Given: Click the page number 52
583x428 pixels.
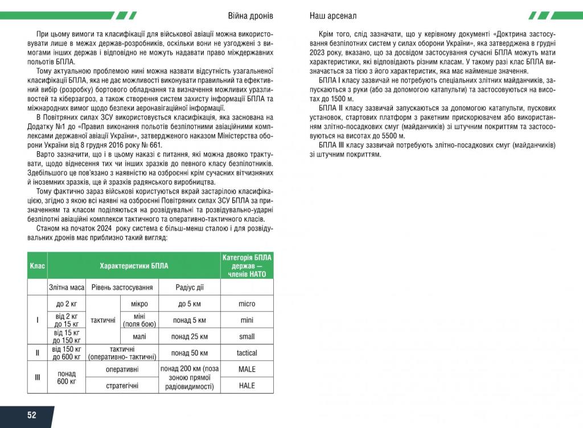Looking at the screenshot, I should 31,415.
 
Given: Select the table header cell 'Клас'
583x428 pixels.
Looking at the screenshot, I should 37,266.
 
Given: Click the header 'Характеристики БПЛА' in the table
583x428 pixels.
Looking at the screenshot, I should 134,266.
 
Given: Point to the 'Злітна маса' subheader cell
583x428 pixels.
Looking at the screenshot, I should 67,287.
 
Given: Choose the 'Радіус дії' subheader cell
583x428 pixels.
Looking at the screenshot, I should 189,287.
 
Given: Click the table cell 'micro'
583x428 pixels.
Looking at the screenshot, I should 247,304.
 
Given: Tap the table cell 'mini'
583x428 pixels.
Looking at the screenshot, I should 247,320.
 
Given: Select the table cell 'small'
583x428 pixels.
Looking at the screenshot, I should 247,336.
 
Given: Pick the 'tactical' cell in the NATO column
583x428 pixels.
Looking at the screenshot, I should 247,353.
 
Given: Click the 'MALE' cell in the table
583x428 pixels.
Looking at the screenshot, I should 247,369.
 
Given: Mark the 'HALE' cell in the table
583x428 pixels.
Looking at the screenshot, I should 247,386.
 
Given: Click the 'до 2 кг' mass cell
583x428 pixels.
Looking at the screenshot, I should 67,304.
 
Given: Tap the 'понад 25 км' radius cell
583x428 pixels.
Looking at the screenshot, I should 189,336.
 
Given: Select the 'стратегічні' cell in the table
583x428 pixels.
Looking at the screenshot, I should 122,386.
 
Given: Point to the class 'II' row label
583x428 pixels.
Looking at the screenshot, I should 37,353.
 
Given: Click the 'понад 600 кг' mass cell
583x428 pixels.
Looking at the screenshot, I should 67,377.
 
